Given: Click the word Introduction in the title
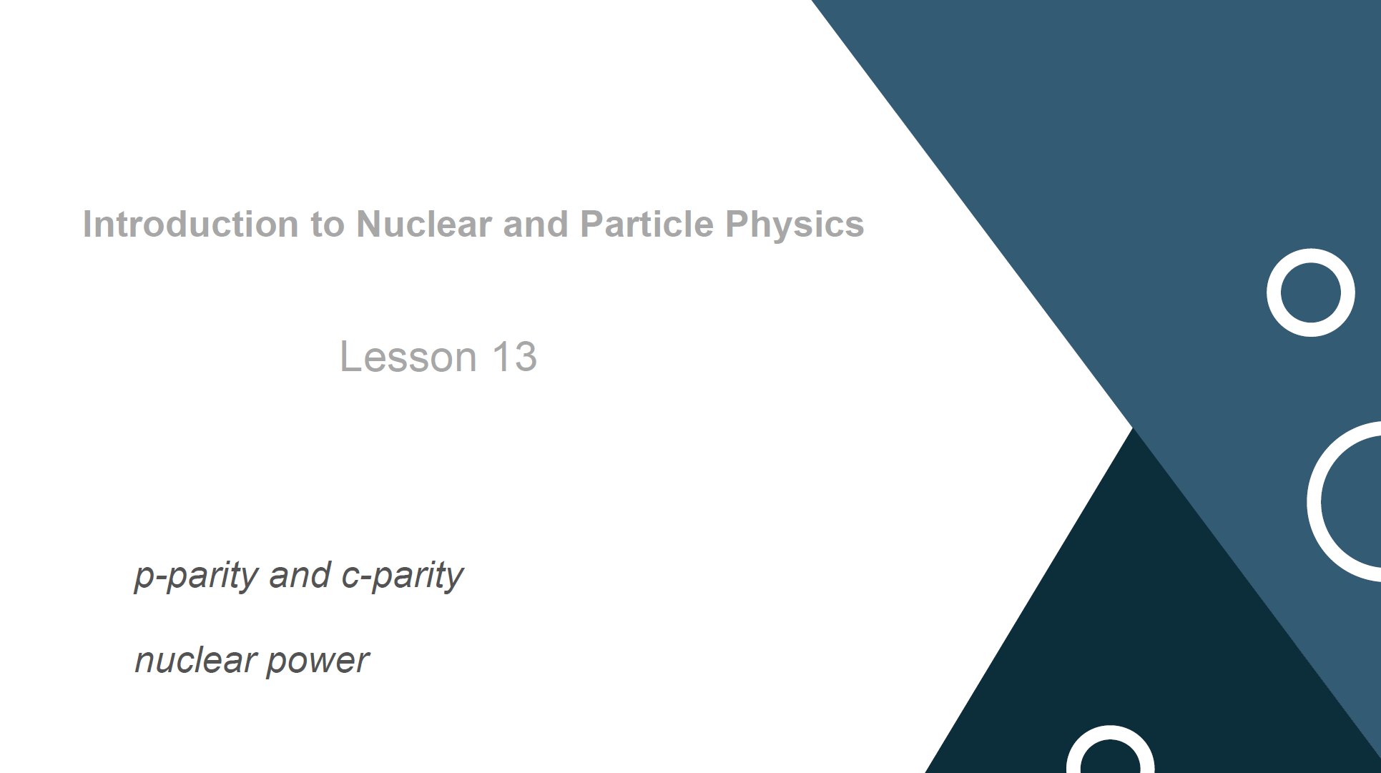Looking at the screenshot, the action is (x=190, y=224).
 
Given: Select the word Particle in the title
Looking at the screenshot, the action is (x=647, y=224).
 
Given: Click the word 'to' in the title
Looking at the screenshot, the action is (x=327, y=225).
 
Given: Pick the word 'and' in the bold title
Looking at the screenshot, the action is (x=536, y=224).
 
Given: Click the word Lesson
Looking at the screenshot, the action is (x=408, y=356).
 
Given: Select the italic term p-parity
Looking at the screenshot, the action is (x=197, y=576).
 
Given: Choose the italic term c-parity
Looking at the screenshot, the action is (x=403, y=576).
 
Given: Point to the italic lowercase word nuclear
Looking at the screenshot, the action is (x=196, y=660).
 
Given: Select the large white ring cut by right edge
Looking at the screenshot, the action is (x=1314, y=501).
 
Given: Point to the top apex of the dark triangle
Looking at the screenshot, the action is (x=1134, y=428).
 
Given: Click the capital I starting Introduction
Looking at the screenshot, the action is (x=87, y=224).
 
